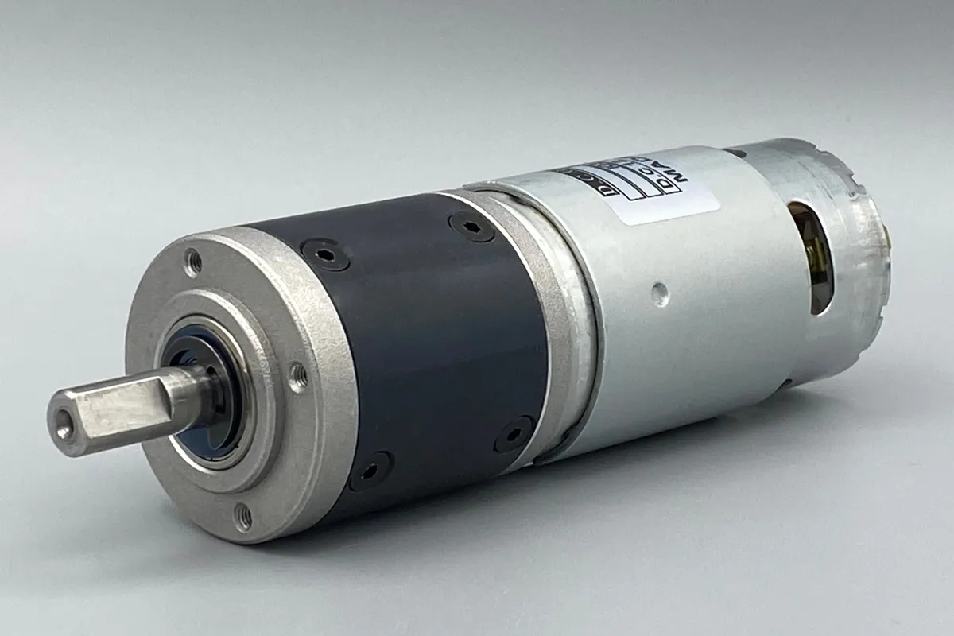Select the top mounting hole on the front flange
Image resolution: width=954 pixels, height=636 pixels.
pos(192,261)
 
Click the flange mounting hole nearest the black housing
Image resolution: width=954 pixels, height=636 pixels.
pos(298,377)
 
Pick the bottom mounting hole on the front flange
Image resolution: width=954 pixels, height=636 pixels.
pos(243,517)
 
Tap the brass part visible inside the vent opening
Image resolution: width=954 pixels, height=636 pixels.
pos(812,254)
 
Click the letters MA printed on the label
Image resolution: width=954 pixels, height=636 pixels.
pos(683,169)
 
